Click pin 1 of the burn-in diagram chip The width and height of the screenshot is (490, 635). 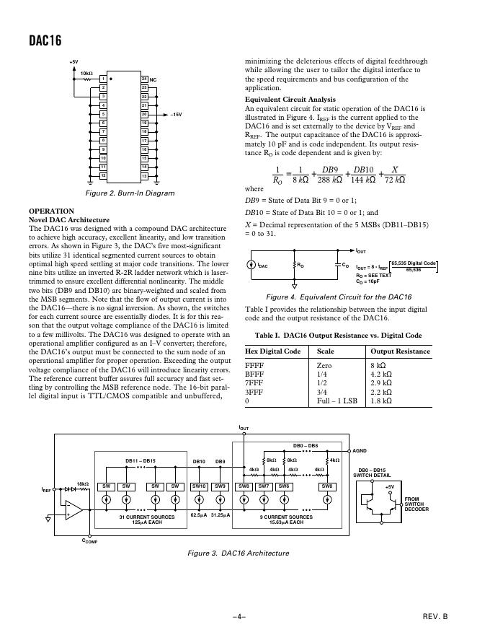pos(102,79)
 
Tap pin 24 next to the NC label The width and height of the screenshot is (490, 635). pos(144,79)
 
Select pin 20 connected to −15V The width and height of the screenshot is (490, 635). pos(144,114)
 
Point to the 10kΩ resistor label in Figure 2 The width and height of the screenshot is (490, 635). pos(86,73)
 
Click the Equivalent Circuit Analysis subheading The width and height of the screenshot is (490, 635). pos(290,99)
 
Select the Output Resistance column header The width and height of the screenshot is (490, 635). pos(400,351)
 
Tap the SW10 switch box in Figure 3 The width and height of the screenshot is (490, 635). pos(199,487)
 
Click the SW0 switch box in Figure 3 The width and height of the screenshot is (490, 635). pos(327,487)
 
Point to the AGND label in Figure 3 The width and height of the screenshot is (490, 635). pos(359,451)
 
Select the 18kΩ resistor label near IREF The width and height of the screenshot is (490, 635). pos(83,483)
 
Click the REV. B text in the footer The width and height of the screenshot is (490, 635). pos(435,618)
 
